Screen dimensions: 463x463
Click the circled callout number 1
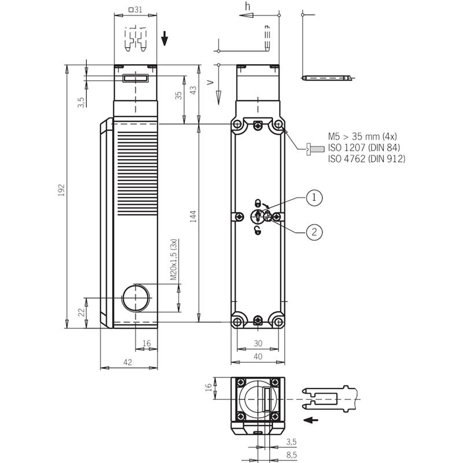(314, 197)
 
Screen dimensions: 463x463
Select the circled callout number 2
(314, 232)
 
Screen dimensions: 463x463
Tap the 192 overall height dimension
(61, 190)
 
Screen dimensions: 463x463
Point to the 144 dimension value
(193, 216)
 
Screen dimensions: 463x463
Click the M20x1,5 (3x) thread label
(174, 259)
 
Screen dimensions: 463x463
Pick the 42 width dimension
(127, 362)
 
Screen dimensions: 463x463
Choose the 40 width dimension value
(258, 357)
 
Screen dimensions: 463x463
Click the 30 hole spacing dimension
(258, 343)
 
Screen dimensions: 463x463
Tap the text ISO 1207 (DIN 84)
(364, 148)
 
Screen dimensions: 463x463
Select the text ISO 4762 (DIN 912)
(367, 159)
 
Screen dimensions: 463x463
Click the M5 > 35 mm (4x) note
(363, 137)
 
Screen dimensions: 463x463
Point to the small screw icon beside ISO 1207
(315, 149)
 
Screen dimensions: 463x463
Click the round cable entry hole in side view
(135, 298)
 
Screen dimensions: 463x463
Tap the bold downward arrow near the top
(164, 38)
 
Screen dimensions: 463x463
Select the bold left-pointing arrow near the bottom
(311, 420)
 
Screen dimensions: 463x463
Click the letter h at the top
(248, 6)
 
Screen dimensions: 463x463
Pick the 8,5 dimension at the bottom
(292, 455)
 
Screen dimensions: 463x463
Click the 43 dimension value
(193, 90)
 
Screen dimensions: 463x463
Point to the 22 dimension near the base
(82, 312)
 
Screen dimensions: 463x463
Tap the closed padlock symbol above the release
(258, 203)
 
